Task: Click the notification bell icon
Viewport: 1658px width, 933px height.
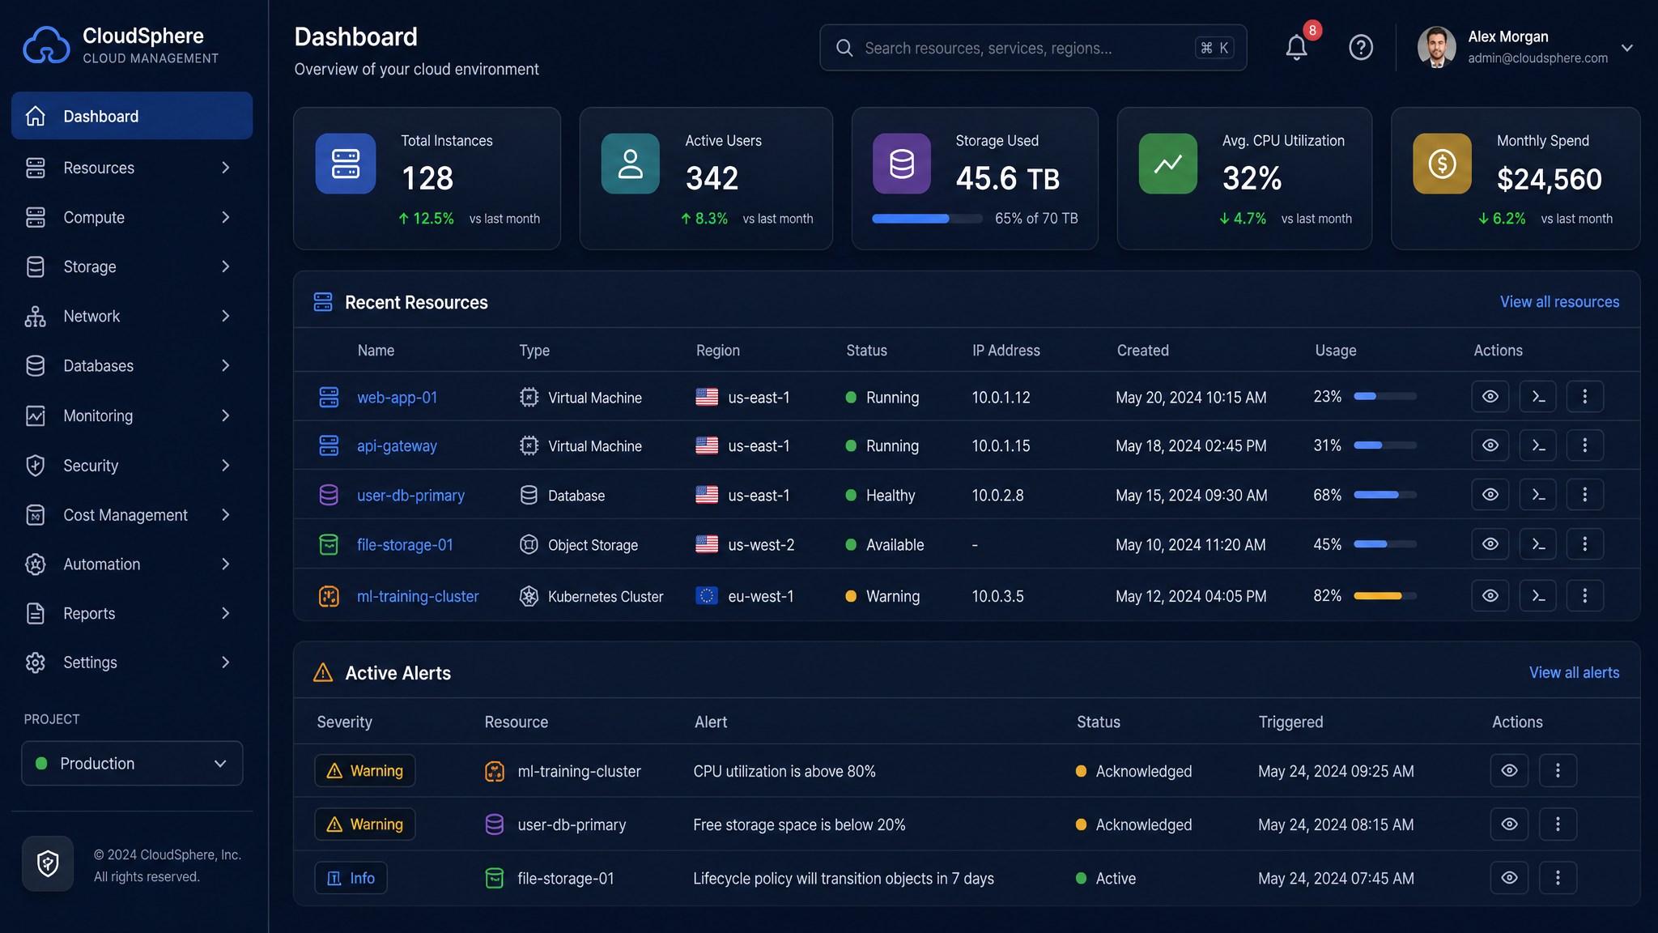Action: tap(1296, 48)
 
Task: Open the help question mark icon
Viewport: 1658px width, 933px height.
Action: tap(1361, 48)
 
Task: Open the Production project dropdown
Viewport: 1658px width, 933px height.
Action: tap(132, 763)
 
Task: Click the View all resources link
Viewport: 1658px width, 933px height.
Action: tap(1559, 301)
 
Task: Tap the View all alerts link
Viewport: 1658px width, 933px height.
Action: tap(1574, 672)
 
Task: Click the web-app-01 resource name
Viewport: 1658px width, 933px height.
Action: tap(397, 397)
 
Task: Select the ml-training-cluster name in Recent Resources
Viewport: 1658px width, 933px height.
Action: tap(418, 596)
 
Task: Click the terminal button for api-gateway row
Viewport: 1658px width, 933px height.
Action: tap(1538, 445)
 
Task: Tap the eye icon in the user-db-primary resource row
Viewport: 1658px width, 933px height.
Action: tap(1490, 495)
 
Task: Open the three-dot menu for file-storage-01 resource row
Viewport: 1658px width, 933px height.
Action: tap(1585, 544)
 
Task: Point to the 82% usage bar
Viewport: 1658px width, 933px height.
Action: tap(1385, 596)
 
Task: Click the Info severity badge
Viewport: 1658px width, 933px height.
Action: tap(351, 878)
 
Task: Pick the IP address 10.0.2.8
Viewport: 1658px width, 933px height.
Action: tap(997, 495)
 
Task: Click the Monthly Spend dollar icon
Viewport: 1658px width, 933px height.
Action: tap(1442, 164)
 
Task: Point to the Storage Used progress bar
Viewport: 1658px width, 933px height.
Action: tap(927, 219)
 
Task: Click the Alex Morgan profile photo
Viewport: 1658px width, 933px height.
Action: tap(1437, 47)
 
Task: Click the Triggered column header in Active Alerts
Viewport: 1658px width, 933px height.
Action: tap(1290, 722)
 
